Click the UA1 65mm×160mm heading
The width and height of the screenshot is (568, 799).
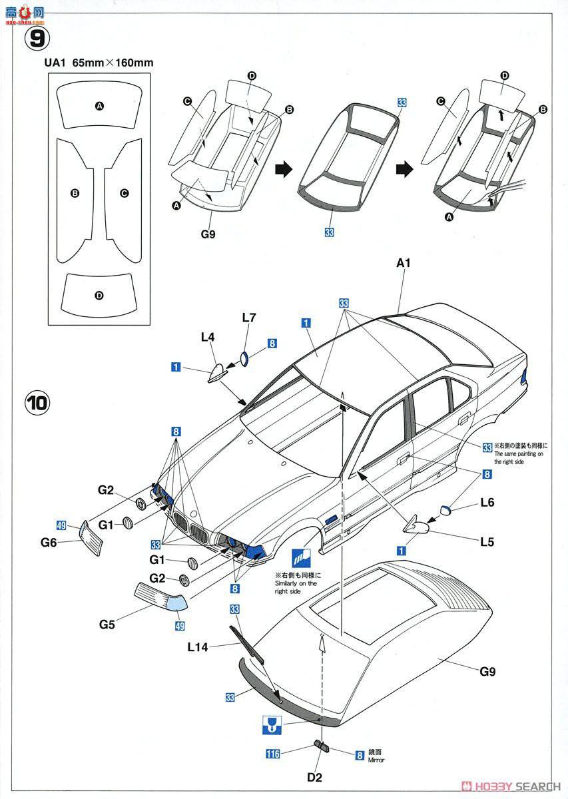101,63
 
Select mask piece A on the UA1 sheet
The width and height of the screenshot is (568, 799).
99,107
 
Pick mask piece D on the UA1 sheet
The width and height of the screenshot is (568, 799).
99,295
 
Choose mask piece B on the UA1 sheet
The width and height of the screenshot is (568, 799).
75,193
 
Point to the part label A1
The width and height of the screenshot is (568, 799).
404,264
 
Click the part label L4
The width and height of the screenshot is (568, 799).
207,338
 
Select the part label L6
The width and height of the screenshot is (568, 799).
487,503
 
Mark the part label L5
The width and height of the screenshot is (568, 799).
486,542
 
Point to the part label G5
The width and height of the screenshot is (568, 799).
107,625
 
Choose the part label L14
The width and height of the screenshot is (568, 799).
198,646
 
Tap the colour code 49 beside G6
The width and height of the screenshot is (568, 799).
61,527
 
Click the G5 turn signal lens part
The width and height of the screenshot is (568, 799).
162,596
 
